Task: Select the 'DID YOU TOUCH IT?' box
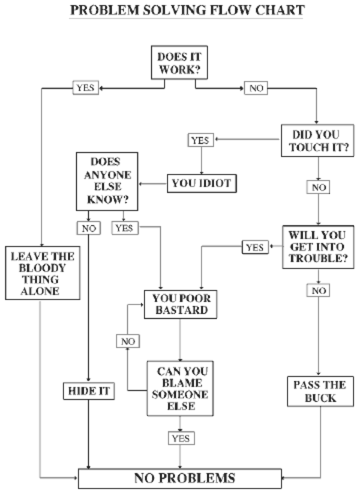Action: click(317, 140)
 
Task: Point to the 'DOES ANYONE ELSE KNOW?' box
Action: click(107, 181)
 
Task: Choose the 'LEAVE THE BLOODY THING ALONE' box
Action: click(43, 273)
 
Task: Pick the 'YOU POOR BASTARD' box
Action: click(180, 304)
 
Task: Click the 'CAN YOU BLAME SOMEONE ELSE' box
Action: click(180, 388)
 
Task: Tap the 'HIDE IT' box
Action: click(88, 392)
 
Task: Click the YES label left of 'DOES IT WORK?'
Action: click(85, 87)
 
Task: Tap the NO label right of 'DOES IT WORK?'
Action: click(256, 89)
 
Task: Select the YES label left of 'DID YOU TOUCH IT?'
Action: click(199, 140)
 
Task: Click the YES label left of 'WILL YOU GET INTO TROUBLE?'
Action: click(254, 247)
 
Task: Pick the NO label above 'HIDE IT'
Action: click(88, 229)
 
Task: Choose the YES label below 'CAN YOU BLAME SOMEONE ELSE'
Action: click(180, 438)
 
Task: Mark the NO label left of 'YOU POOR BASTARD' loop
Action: click(128, 341)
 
